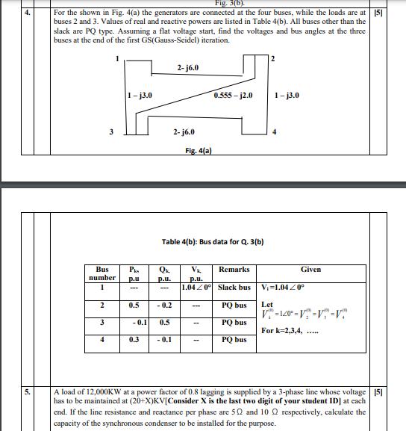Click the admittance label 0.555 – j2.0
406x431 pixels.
(233, 96)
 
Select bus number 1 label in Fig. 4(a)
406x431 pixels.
(116, 58)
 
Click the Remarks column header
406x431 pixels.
(234, 269)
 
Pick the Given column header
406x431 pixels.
(310, 269)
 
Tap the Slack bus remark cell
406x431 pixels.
(235, 288)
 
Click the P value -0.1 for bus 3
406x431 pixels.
(134, 323)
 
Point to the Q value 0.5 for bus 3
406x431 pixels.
(164, 323)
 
